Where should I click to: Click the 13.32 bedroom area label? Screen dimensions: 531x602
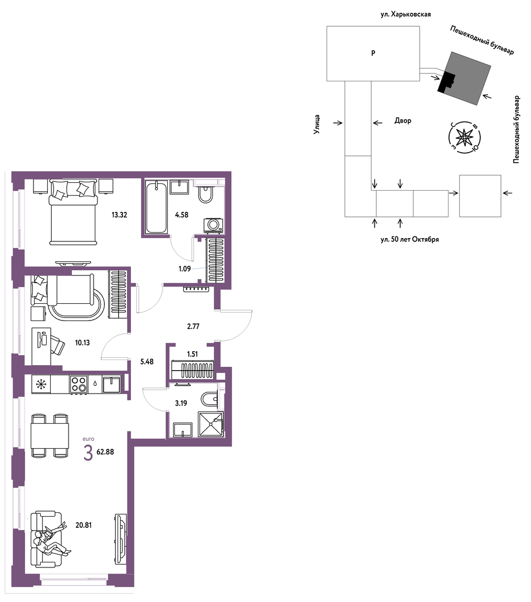[x=119, y=215]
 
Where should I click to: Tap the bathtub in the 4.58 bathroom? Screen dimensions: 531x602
[x=157, y=207]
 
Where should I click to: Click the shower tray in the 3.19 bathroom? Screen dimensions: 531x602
[x=211, y=424]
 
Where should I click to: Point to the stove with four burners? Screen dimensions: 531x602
[x=79, y=384]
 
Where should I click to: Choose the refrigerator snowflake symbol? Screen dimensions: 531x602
[x=41, y=385]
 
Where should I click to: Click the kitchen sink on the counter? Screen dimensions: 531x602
[x=111, y=384]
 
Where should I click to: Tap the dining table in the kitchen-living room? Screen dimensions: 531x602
[x=50, y=435]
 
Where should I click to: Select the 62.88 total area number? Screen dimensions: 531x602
[x=105, y=452]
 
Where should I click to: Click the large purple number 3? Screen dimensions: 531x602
[x=88, y=454]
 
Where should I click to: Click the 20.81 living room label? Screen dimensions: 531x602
[x=83, y=525]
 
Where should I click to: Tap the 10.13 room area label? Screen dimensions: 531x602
[x=82, y=343]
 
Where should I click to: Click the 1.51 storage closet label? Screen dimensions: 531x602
[x=192, y=354]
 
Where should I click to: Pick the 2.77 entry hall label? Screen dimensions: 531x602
[x=193, y=327]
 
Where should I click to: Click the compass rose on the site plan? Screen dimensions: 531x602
[x=465, y=137]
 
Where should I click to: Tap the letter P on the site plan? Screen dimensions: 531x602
[x=373, y=54]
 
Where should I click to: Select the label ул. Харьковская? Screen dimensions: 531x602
[x=406, y=14]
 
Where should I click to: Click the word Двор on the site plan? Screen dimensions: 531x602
[x=403, y=120]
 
